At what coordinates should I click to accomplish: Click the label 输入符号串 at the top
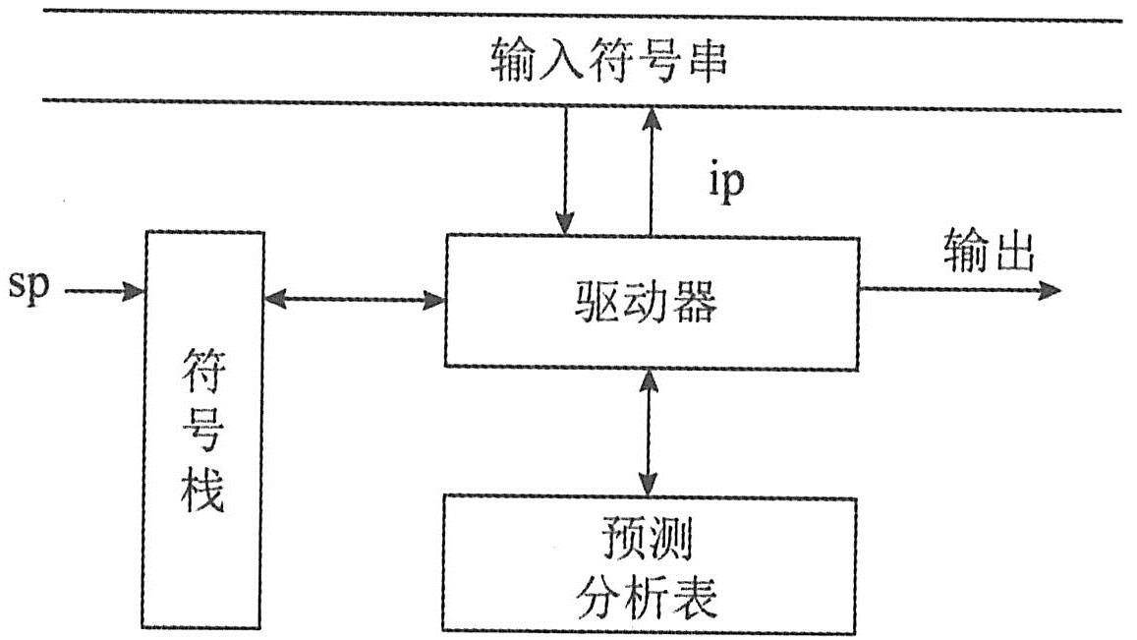[609, 62]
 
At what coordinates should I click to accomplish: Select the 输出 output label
[989, 253]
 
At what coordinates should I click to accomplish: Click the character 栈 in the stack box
[203, 491]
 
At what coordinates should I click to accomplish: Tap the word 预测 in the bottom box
[648, 541]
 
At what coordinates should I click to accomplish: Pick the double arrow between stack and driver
[355, 299]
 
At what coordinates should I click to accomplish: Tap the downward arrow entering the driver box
[565, 171]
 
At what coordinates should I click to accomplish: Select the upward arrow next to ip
[650, 171]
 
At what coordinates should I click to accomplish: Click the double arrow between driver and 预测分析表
[648, 433]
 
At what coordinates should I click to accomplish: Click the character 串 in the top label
[705, 62]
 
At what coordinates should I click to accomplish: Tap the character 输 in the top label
[514, 62]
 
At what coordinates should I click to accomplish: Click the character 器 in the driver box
[695, 304]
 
